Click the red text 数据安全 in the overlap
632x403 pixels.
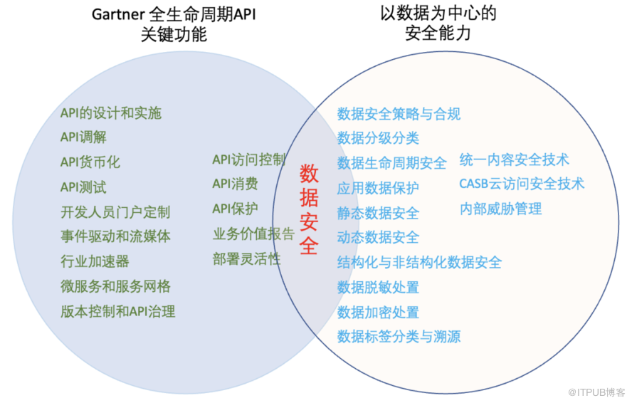pos(309,209)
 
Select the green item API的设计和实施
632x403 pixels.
pos(110,113)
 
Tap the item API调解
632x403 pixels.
pos(83,137)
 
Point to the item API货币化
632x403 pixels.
pos(90,162)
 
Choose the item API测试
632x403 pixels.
pos(83,187)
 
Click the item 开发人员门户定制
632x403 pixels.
pos(115,212)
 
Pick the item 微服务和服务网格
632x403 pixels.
pos(115,286)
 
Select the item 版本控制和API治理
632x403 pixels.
pos(117,311)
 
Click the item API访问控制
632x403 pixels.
pos(248,159)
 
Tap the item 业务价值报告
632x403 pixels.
pos(253,234)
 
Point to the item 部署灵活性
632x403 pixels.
pos(246,258)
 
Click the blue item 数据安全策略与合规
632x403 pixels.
pos(399,114)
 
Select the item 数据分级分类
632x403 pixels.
pos(378,138)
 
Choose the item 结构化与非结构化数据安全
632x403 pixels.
pos(419,262)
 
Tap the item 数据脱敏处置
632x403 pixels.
pos(378,287)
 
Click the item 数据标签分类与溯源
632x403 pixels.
pos(399,336)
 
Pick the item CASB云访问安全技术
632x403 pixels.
pos(521,184)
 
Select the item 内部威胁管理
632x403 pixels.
pos(500,209)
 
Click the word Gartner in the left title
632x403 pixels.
pos(117,16)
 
